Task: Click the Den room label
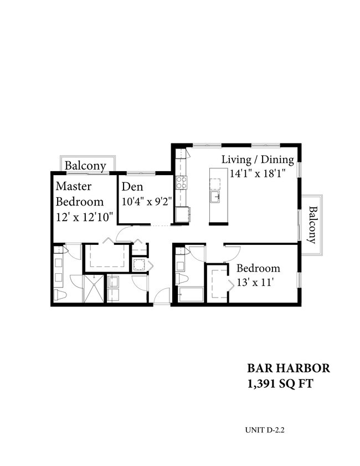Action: pyautogui.click(x=133, y=187)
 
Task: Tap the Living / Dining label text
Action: pyautogui.click(x=258, y=160)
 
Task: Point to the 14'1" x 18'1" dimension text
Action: pyautogui.click(x=258, y=173)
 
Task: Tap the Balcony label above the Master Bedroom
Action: pyautogui.click(x=85, y=166)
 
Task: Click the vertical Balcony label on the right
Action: pyautogui.click(x=312, y=225)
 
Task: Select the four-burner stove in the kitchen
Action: pyautogui.click(x=182, y=183)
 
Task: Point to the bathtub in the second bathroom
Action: pyautogui.click(x=190, y=295)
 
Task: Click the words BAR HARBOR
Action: pyautogui.click(x=288, y=369)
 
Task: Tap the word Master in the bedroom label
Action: pyautogui.click(x=73, y=187)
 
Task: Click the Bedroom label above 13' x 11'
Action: pyautogui.click(x=258, y=269)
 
